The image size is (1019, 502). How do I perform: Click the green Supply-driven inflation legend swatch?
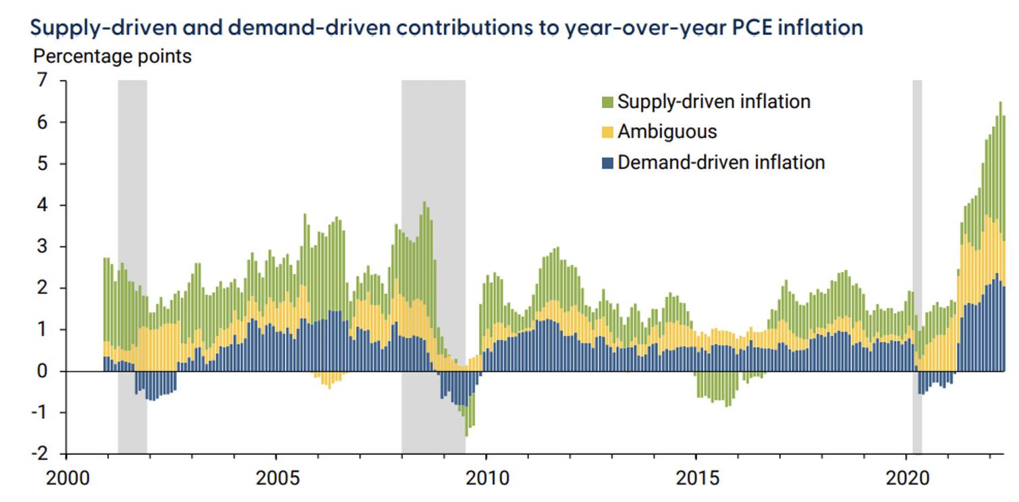(x=607, y=103)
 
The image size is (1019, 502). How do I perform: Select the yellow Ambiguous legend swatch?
(x=607, y=132)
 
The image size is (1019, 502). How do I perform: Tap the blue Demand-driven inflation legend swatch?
(x=607, y=163)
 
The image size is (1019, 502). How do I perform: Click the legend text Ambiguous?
(x=667, y=132)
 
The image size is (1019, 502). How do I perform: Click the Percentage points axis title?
(x=113, y=56)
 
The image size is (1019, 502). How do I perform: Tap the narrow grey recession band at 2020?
(x=917, y=202)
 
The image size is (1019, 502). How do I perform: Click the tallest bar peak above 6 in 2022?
(x=1000, y=104)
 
